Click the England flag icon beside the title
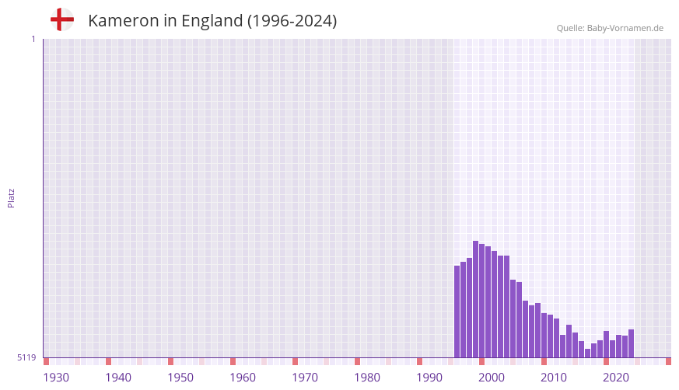[x=62, y=19]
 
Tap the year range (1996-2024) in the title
[x=292, y=21]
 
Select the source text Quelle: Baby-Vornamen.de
[x=610, y=28]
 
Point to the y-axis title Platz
[x=11, y=197]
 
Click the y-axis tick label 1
[x=33, y=39]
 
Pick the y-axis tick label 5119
[x=26, y=357]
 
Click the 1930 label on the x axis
[x=56, y=378]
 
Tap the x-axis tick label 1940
[x=118, y=378]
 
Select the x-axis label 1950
[x=180, y=378]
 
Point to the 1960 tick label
[x=243, y=378]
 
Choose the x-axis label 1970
[x=305, y=378]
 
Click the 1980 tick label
[x=367, y=378]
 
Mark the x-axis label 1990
[x=429, y=378]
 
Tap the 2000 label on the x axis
[x=492, y=378]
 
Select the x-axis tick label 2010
[x=554, y=378]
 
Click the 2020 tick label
[x=616, y=378]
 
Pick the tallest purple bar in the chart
[x=475, y=299]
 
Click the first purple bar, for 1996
[x=457, y=311]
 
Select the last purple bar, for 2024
[x=631, y=343]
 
